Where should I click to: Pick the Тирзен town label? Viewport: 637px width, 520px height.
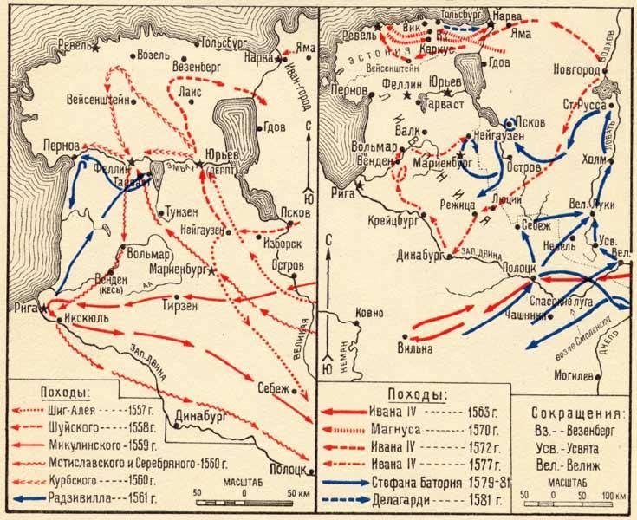click(x=180, y=305)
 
